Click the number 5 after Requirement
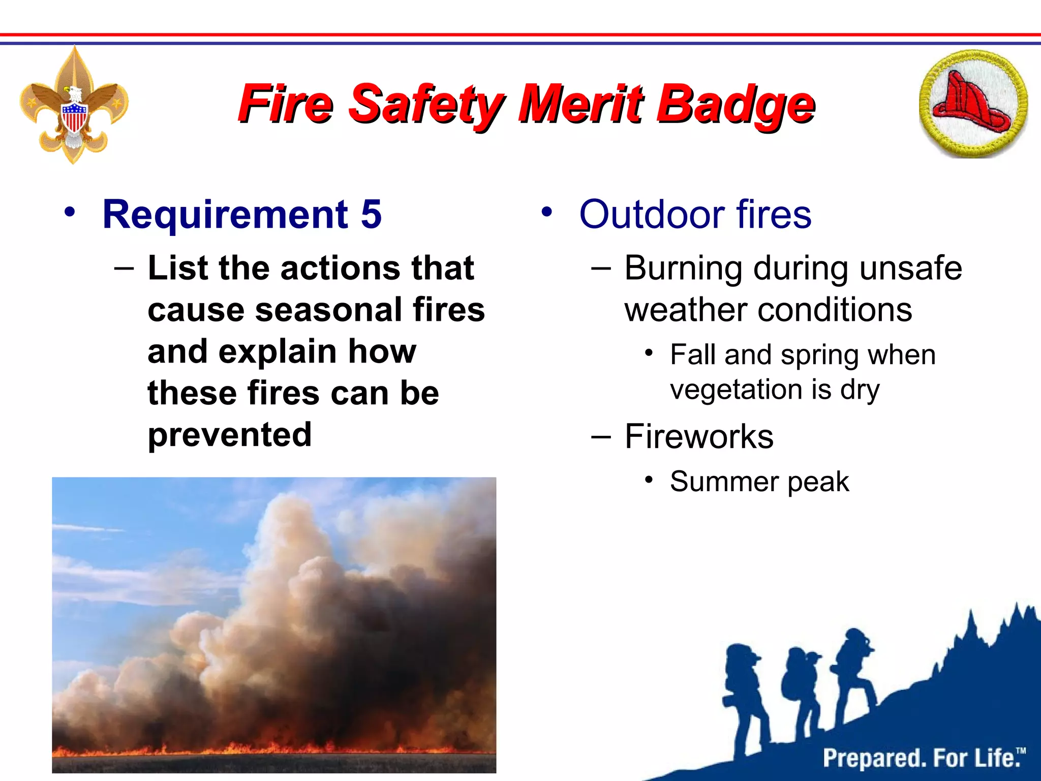pyautogui.click(x=371, y=215)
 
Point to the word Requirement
pyautogui.click(x=225, y=215)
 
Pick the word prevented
pyautogui.click(x=230, y=435)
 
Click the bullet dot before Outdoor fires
pyautogui.click(x=546, y=212)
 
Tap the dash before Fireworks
pyautogui.click(x=601, y=436)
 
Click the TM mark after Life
pyautogui.click(x=1021, y=751)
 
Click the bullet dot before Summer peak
pyautogui.click(x=649, y=479)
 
